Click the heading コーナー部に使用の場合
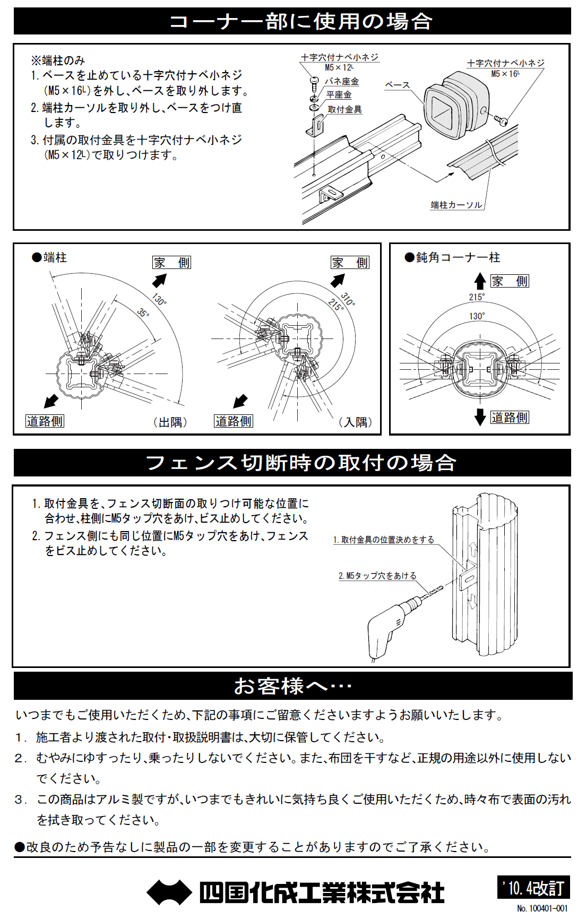300,22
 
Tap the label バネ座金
341,81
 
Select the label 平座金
339,95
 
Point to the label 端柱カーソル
456,205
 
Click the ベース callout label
397,85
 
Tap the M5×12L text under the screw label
339,67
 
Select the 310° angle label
348,299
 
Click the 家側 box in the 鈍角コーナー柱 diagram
510,281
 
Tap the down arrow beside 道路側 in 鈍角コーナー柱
480,417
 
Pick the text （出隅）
170,422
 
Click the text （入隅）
355,422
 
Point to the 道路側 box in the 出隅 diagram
45,421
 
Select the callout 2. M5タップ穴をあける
377,576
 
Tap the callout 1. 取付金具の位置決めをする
383,540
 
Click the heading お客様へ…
292,686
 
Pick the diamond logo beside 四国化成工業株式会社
169,892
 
